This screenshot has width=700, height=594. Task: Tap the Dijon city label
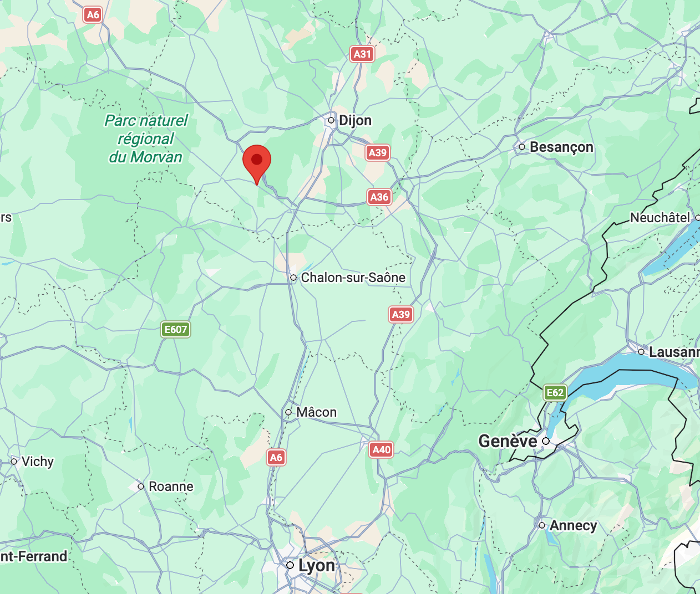[354, 120]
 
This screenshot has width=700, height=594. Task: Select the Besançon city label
[561, 147]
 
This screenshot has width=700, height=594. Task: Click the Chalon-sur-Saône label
[353, 278]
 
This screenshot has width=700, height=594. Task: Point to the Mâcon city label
[316, 412]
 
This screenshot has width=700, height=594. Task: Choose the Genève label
[508, 441]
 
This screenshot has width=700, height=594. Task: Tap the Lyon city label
[316, 565]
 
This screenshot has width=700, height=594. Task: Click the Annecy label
[573, 525]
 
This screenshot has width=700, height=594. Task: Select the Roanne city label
[171, 487]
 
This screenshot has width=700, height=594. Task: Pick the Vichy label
[37, 462]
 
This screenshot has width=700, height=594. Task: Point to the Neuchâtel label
[660, 218]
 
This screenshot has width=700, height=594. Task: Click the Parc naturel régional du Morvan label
[146, 139]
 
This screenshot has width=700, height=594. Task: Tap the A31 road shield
[362, 54]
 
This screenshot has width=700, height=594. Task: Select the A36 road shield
[379, 197]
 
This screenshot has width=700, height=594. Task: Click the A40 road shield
[382, 449]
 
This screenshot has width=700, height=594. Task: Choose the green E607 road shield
[176, 330]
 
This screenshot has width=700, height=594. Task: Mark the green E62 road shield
[555, 393]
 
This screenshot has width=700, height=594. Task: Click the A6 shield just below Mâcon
[276, 457]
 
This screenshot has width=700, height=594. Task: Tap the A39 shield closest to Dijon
[378, 152]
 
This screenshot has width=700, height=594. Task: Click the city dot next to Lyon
[290, 565]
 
